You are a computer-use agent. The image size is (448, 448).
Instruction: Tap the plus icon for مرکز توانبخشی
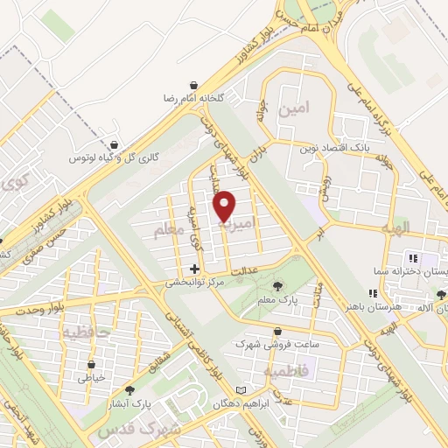tap(194, 269)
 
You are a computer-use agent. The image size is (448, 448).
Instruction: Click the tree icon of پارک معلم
tap(278, 286)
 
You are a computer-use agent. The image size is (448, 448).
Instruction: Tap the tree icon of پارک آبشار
tap(130, 391)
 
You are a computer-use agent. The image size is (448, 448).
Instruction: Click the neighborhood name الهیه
tap(388, 229)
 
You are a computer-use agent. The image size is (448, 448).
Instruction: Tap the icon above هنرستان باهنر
tap(374, 295)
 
